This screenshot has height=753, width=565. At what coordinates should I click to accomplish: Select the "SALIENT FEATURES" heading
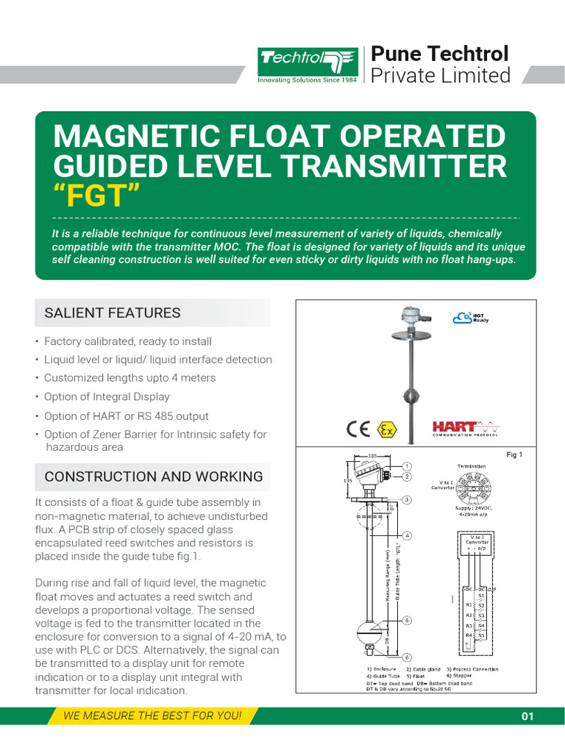click(x=113, y=313)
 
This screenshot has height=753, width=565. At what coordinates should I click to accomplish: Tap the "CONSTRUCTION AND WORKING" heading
click(x=154, y=477)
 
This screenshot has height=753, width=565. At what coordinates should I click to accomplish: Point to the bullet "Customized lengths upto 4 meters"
click(x=129, y=378)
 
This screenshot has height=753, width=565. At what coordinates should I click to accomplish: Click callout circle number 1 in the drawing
click(x=407, y=466)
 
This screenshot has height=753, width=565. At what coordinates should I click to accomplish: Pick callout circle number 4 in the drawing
click(x=407, y=535)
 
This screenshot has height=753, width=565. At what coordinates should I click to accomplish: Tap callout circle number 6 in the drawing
click(x=407, y=657)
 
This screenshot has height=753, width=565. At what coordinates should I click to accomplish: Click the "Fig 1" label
click(x=514, y=455)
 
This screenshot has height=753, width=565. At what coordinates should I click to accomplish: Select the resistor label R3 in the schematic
click(x=468, y=625)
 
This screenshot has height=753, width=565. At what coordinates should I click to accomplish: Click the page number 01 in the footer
click(x=527, y=717)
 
